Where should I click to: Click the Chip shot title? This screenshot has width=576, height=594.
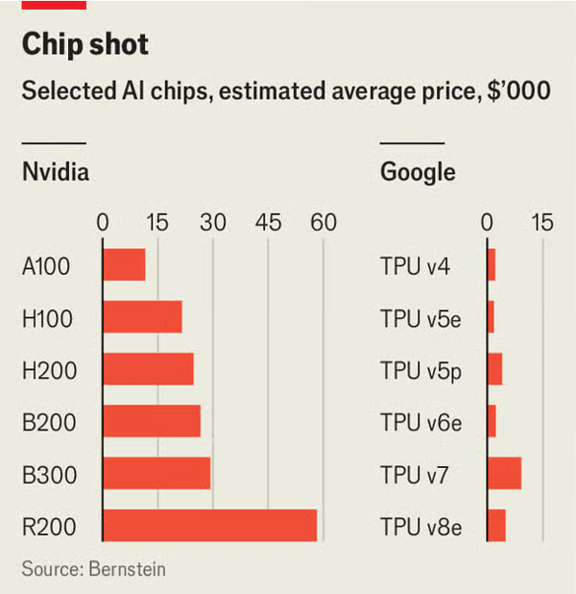click(85, 44)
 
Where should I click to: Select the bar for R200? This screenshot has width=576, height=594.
click(209, 525)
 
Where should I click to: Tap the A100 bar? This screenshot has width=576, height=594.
click(124, 265)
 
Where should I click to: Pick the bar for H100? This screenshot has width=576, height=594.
click(142, 317)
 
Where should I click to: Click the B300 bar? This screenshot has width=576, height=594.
click(156, 473)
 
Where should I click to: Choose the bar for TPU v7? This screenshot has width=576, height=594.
click(504, 473)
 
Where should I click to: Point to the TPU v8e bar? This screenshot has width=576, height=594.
click(496, 525)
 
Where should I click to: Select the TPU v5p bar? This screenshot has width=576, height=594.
click(494, 369)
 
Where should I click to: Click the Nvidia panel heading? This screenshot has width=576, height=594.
click(56, 173)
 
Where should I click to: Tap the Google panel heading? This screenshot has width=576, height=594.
click(418, 173)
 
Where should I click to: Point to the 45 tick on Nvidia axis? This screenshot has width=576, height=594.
click(269, 222)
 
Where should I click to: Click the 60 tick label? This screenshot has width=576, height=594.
click(324, 222)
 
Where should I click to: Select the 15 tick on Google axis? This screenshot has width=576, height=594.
click(542, 222)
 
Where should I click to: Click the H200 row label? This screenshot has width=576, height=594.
click(49, 369)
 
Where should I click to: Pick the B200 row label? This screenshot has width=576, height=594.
click(49, 421)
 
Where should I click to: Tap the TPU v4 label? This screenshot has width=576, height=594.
click(415, 265)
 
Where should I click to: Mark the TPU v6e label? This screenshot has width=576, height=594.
click(420, 421)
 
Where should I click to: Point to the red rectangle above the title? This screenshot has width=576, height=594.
click(54, 5)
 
